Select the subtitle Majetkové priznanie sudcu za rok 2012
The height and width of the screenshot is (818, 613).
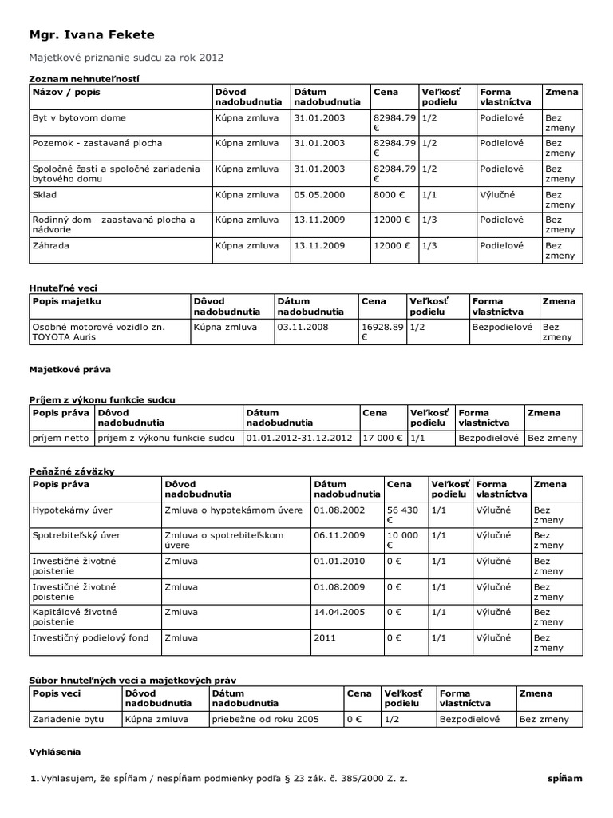click(126, 58)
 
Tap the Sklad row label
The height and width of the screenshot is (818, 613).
click(45, 194)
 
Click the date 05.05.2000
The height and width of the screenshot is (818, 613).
click(319, 194)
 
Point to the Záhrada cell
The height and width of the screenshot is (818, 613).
click(50, 245)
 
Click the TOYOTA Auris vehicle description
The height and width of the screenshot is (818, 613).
click(98, 332)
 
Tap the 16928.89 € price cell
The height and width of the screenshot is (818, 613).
click(382, 332)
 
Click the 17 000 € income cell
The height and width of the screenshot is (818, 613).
click(382, 439)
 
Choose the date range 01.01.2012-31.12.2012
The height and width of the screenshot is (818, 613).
click(299, 439)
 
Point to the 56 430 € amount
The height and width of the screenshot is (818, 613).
click(401, 514)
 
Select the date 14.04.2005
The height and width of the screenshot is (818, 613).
click(339, 612)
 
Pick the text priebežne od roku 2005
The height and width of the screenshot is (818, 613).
click(265, 719)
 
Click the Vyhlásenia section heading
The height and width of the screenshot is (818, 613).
click(55, 752)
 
